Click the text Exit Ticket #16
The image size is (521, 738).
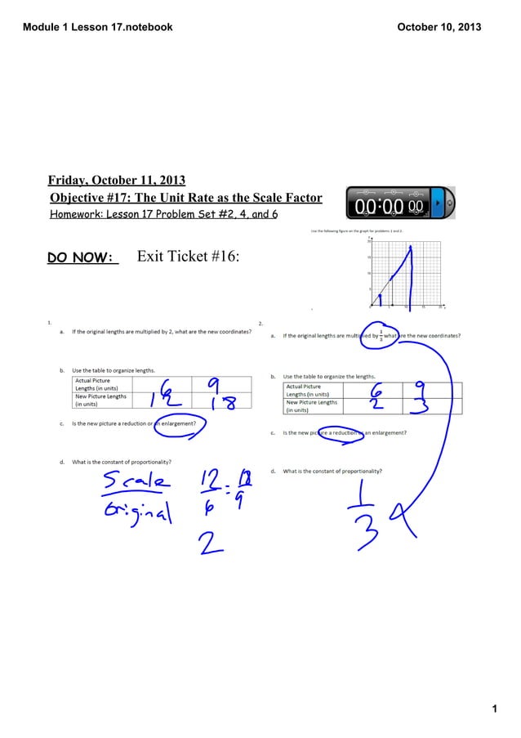click(188, 257)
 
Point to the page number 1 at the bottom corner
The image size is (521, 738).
click(495, 709)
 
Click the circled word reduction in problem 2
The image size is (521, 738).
click(338, 433)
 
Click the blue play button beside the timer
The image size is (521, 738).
click(437, 202)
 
